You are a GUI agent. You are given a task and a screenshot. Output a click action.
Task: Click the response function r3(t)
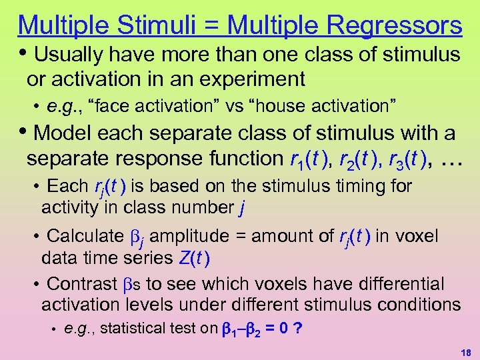[415, 159]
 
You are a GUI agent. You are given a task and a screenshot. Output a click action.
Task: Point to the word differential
[397, 284]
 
